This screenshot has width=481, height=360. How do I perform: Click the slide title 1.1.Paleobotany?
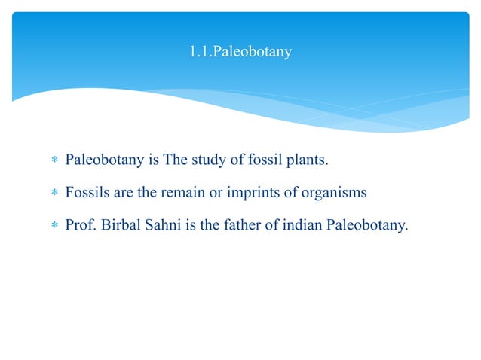(240, 53)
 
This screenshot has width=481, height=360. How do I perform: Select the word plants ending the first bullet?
(311, 160)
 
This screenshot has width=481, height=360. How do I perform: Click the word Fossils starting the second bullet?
(86, 192)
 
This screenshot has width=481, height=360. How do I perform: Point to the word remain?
(179, 192)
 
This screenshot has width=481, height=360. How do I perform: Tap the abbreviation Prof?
(79, 224)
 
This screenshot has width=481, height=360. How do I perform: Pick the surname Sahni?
(163, 224)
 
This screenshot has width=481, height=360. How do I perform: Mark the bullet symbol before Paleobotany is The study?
(53, 161)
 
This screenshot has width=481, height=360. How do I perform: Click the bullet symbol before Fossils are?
(53, 193)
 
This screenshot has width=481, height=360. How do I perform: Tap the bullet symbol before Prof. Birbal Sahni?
(53, 224)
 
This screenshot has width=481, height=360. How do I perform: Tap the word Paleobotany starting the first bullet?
(103, 160)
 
